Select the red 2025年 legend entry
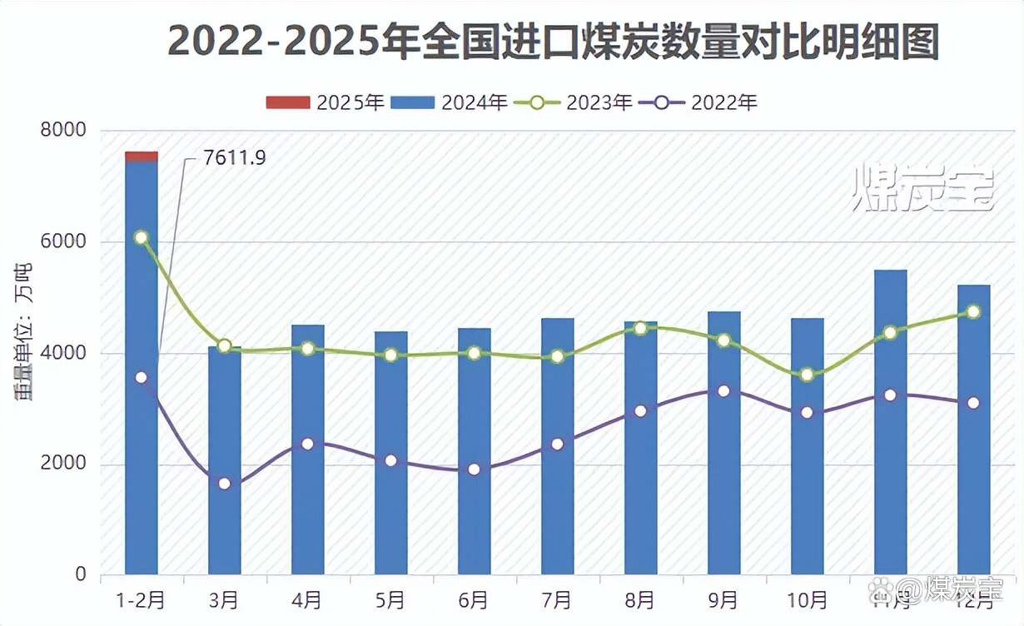[324, 102]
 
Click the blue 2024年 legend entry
[449, 102]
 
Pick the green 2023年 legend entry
[574, 102]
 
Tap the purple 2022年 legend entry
[698, 102]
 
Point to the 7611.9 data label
[234, 157]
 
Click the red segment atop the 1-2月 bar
[142, 156]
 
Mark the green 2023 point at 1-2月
[142, 238]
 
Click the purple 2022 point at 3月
[225, 484]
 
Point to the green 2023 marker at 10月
[807, 375]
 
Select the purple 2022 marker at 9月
[723, 391]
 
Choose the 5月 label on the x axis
[390, 599]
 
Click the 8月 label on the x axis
[640, 599]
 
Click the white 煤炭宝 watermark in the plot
[924, 188]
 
